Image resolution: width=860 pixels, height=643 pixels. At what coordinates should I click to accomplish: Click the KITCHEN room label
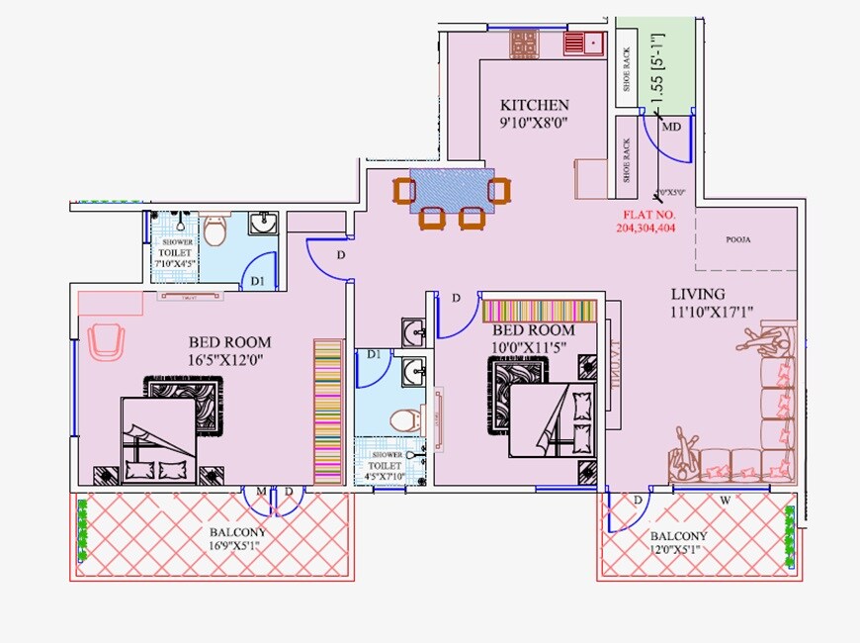tap(534, 105)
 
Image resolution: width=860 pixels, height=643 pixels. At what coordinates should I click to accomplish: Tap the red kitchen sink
tap(583, 43)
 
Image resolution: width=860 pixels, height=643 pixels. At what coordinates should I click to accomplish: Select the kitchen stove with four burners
tap(524, 43)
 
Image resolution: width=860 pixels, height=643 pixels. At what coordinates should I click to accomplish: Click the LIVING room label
tap(698, 294)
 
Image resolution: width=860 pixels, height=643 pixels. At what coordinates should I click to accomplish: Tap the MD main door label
tap(671, 127)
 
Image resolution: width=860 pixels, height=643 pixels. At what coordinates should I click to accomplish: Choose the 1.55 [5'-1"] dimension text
tap(654, 73)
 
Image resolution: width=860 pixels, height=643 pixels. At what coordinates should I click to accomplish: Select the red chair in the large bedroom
tap(106, 342)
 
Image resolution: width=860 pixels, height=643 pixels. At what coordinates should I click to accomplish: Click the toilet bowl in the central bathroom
tap(403, 418)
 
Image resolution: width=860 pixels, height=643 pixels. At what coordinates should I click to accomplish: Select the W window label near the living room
tap(725, 501)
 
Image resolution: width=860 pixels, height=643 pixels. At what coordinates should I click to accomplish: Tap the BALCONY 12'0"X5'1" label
tap(674, 543)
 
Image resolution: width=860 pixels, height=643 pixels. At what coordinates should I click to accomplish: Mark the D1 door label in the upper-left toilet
tap(258, 281)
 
